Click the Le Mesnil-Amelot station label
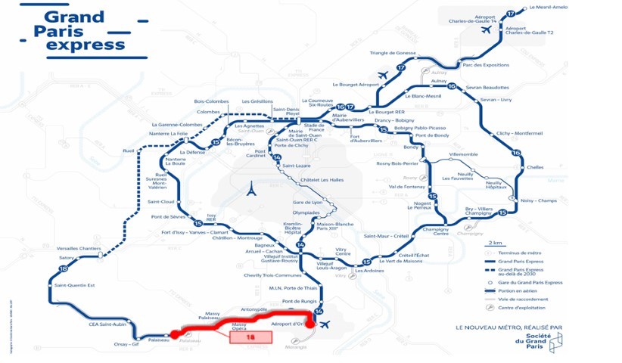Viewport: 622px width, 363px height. (549, 7)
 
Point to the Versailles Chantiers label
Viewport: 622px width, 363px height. (79, 249)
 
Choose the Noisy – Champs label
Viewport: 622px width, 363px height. (538, 200)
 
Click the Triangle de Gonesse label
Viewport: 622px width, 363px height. (393, 53)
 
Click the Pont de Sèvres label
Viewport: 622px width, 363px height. (169, 217)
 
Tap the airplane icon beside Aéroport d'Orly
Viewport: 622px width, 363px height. (325, 325)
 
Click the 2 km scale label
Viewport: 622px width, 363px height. (495, 242)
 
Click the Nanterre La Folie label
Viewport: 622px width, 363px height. (169, 134)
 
